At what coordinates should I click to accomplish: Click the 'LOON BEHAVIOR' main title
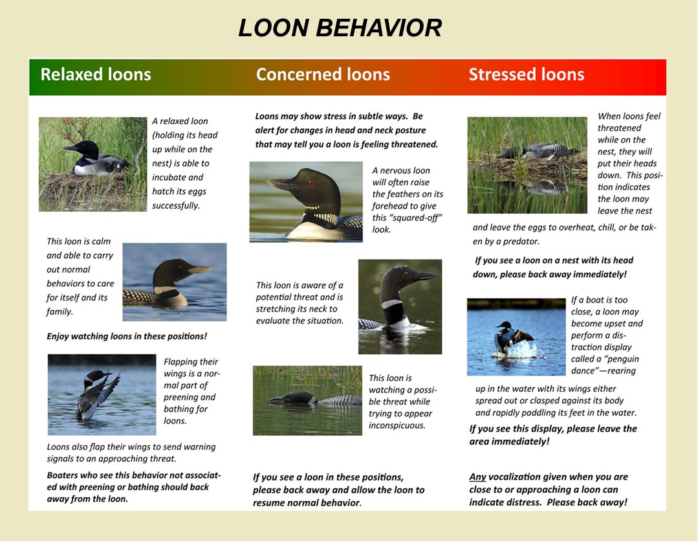340,28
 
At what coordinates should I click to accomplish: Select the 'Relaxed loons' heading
96,74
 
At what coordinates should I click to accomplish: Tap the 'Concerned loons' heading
323,74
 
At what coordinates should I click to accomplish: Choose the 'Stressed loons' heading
526,74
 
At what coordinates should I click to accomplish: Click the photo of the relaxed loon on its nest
93,164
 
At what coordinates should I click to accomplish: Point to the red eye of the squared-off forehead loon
311,182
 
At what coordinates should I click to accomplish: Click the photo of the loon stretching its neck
400,307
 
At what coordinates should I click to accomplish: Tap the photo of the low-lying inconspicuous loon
307,400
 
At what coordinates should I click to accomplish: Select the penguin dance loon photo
516,337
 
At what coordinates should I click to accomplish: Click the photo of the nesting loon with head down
527,165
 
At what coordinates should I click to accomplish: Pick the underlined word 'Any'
477,477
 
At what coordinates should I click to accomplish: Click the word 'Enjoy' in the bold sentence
58,337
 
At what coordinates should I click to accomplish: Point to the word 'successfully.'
176,205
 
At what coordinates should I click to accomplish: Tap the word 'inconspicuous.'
397,425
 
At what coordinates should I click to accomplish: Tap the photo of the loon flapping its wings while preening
102,394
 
